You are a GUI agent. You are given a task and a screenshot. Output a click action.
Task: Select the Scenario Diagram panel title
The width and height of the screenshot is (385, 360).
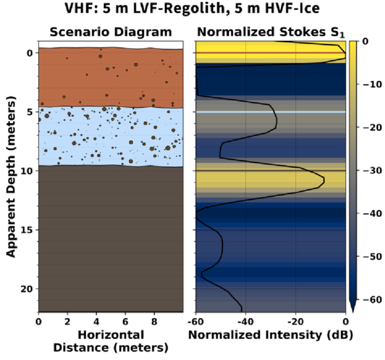pos(111,32)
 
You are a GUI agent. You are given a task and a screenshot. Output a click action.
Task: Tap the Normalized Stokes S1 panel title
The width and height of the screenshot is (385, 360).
pos(271,32)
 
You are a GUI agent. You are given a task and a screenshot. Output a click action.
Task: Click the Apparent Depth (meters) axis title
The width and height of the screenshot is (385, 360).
pos(11,176)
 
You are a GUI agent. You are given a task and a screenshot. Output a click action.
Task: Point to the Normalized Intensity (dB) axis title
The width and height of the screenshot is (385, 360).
pos(270,335)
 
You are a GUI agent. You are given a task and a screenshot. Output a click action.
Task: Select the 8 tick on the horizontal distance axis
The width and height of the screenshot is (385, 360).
pos(154,321)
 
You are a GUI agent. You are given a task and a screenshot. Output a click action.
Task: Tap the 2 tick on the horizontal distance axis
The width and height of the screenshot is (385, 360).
pos(67,321)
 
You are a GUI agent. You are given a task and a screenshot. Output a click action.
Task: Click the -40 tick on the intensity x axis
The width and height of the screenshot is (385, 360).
pos(245,321)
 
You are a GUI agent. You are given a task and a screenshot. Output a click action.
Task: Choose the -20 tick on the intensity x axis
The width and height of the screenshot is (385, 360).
pos(295,321)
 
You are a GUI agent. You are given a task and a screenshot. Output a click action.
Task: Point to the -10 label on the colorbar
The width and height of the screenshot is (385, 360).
pos(372,84)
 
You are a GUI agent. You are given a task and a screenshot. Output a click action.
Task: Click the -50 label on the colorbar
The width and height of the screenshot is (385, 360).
pos(372,257)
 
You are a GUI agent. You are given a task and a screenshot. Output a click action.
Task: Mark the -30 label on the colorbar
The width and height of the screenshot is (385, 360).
pos(372,170)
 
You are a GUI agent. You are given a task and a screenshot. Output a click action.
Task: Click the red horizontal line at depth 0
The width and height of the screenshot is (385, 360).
pos(270,53)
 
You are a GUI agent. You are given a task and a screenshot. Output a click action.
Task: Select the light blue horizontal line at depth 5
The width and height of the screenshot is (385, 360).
pos(270,112)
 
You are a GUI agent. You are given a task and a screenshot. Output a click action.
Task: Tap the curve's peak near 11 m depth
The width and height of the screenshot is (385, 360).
pos(324,180)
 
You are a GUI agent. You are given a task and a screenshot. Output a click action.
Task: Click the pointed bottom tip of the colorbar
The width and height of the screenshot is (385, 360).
pos(353,312)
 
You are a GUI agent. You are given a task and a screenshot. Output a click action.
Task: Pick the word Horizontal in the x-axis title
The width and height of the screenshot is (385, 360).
pos(111,335)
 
